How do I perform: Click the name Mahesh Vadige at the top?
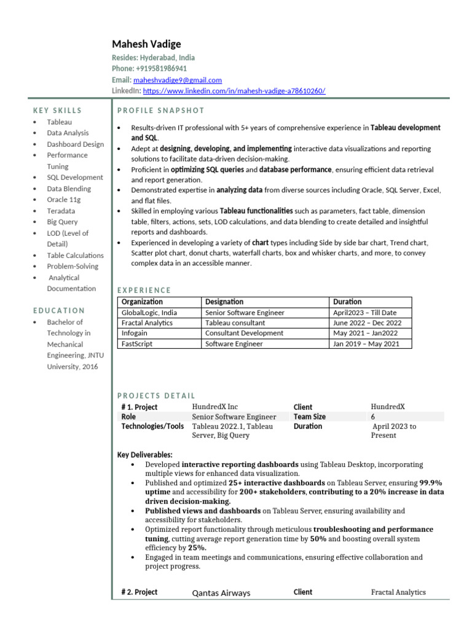tap(146, 44)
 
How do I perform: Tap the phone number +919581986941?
tap(162, 68)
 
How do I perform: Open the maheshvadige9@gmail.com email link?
tap(178, 80)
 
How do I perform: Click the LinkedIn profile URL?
tap(234, 91)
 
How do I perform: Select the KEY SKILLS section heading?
tap(57, 111)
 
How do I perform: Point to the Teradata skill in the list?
tap(61, 211)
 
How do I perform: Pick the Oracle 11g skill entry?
tap(64, 200)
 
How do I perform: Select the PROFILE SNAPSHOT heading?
tap(160, 111)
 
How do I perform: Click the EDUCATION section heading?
tap(59, 311)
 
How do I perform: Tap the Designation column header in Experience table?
tap(224, 302)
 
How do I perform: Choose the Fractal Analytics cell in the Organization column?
tap(147, 322)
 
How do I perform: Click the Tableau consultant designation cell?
tap(235, 322)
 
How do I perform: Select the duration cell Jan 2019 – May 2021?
tap(366, 343)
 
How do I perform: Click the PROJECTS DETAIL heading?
tap(156, 396)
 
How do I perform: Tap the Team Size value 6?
tap(373, 416)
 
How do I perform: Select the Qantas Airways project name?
tap(221, 593)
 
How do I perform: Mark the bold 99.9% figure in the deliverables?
tap(430, 483)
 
